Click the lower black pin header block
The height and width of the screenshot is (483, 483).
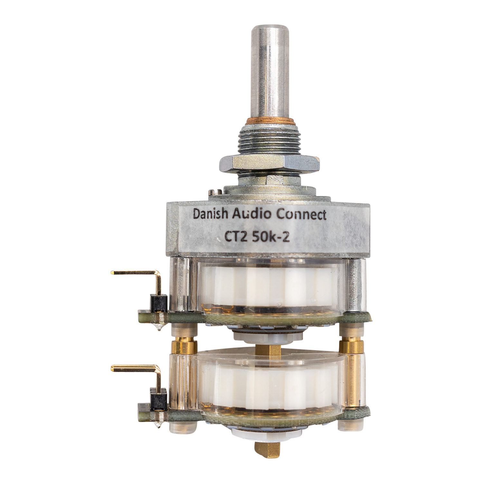pos(158,396)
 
